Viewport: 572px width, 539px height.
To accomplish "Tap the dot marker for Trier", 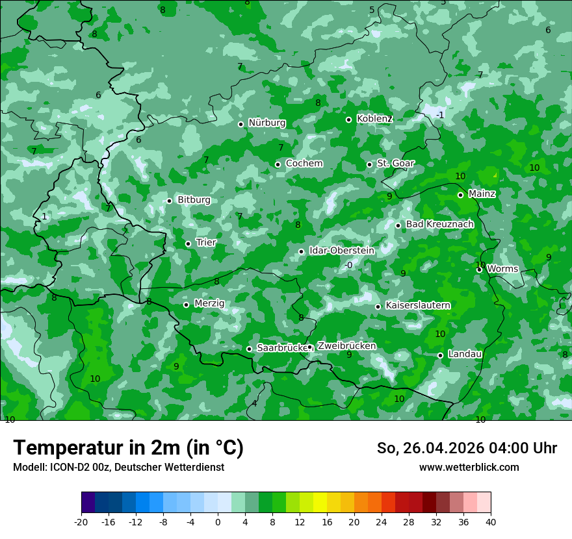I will [188, 244].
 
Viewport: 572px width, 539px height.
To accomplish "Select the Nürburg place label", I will [266, 123].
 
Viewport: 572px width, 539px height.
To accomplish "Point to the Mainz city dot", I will [460, 195].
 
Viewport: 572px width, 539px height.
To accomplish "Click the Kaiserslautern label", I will [418, 305].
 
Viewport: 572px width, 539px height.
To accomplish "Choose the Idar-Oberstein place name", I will [341, 251].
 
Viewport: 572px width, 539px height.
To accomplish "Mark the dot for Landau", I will [440, 355].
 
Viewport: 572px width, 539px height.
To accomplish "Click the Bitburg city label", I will [194, 200].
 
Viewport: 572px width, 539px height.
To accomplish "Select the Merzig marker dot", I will [186, 305].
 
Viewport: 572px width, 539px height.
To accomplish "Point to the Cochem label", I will [304, 164].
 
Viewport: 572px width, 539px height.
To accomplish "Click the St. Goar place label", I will [395, 164].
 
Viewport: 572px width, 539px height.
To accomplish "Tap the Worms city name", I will [502, 269].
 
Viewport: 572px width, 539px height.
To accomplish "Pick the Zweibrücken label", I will [346, 346].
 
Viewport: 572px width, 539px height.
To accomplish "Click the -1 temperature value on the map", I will [440, 116].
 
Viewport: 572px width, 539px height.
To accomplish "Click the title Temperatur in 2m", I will [128, 448].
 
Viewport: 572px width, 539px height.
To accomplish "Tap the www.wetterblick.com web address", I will [469, 468].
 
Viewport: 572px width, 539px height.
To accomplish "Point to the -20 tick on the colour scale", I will [81, 521].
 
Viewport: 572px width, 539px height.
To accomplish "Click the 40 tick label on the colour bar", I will [491, 521].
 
